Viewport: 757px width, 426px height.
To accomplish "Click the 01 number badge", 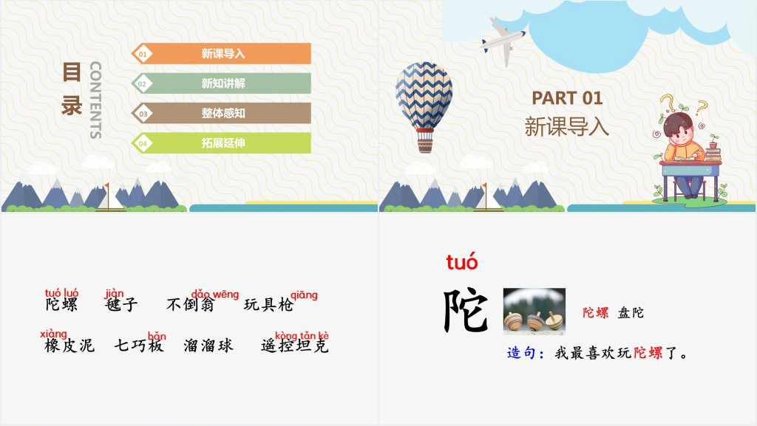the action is click(x=142, y=54).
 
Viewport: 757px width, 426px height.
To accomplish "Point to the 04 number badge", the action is click(x=142, y=144).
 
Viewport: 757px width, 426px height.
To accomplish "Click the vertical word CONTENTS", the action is click(x=95, y=100).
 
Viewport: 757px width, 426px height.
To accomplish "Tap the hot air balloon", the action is click(x=424, y=107).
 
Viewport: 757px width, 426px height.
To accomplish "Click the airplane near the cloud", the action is click(x=503, y=41).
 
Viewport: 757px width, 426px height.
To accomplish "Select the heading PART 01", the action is click(x=567, y=98).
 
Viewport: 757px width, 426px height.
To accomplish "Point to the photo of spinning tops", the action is click(x=534, y=312).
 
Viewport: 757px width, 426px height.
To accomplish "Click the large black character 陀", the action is click(x=466, y=310).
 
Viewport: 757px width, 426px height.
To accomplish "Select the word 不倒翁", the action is click(x=190, y=305).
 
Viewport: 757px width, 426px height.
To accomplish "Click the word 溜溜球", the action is click(x=208, y=346).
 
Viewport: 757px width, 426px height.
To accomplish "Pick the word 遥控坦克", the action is click(x=294, y=346).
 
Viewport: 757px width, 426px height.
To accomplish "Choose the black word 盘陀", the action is click(x=631, y=313).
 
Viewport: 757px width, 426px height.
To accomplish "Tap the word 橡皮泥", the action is click(x=69, y=346).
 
